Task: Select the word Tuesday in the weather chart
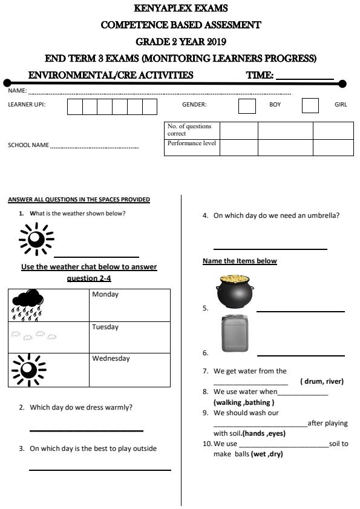[105, 327]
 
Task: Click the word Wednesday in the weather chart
[111, 358]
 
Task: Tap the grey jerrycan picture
[234, 333]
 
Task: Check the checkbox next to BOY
[247, 105]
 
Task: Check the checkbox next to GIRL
[310, 105]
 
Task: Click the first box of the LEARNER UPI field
[74, 107]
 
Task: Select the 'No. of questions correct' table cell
[191, 130]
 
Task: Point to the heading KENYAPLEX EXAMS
[181, 9]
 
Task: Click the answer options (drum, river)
[321, 381]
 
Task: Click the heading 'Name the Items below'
[240, 261]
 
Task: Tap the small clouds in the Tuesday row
[33, 335]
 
